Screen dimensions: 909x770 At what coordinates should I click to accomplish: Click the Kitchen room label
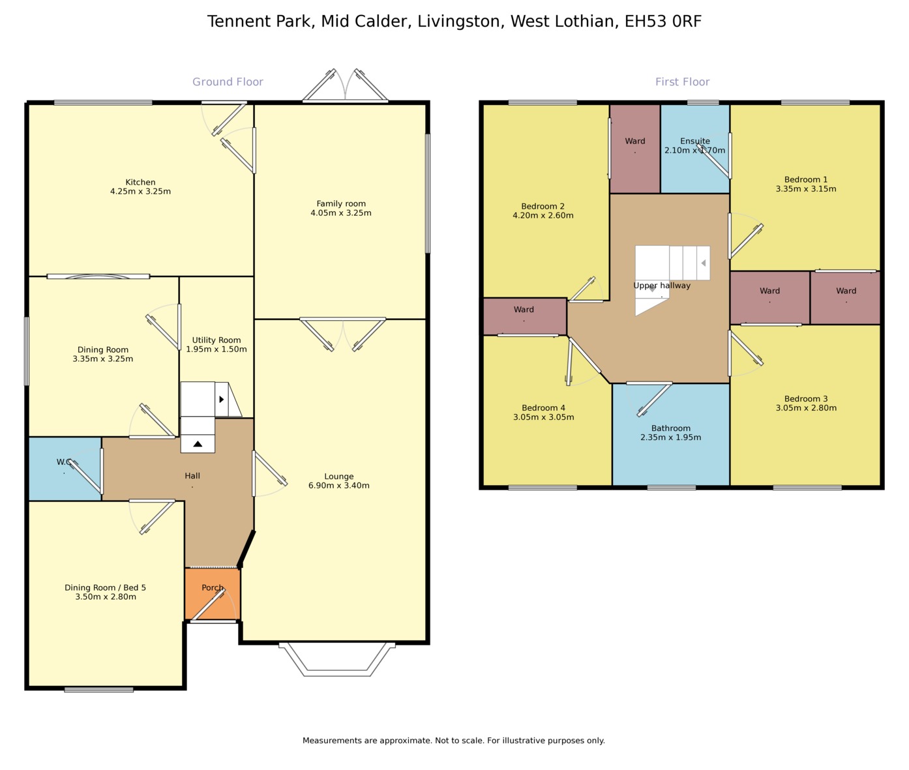pyautogui.click(x=140, y=182)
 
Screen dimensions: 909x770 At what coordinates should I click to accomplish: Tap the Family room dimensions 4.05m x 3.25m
pyautogui.click(x=341, y=213)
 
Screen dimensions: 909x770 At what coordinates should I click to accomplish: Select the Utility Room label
pyautogui.click(x=216, y=340)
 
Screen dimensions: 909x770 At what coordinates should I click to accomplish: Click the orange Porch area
pyautogui.click(x=213, y=594)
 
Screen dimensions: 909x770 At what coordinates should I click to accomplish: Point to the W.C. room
pyautogui.click(x=65, y=469)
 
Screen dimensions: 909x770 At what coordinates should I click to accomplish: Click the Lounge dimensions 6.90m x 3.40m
pyautogui.click(x=339, y=486)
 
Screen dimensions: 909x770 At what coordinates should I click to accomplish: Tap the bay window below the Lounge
pyautogui.click(x=337, y=659)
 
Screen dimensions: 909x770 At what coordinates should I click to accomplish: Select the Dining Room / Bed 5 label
pyautogui.click(x=105, y=587)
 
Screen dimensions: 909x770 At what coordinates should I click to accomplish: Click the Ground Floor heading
pyautogui.click(x=228, y=81)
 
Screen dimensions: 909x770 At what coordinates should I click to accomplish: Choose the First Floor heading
pyautogui.click(x=683, y=81)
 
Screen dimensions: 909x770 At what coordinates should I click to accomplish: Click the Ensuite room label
pyautogui.click(x=695, y=141)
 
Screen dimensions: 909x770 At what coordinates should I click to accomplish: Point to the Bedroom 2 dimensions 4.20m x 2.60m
pyautogui.click(x=543, y=215)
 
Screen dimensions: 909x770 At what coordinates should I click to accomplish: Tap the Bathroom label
pyautogui.click(x=670, y=428)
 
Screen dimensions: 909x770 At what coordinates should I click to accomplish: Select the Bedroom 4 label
pyautogui.click(x=544, y=407)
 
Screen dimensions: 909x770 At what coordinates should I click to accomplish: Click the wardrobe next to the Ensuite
pyautogui.click(x=635, y=149)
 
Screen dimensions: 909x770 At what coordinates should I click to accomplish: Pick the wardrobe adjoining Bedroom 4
pyautogui.click(x=525, y=317)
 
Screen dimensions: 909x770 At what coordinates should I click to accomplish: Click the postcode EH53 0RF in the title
pyautogui.click(x=663, y=22)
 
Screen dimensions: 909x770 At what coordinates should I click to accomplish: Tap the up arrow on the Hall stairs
pyautogui.click(x=198, y=444)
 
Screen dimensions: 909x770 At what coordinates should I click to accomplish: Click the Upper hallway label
pyautogui.click(x=662, y=286)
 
